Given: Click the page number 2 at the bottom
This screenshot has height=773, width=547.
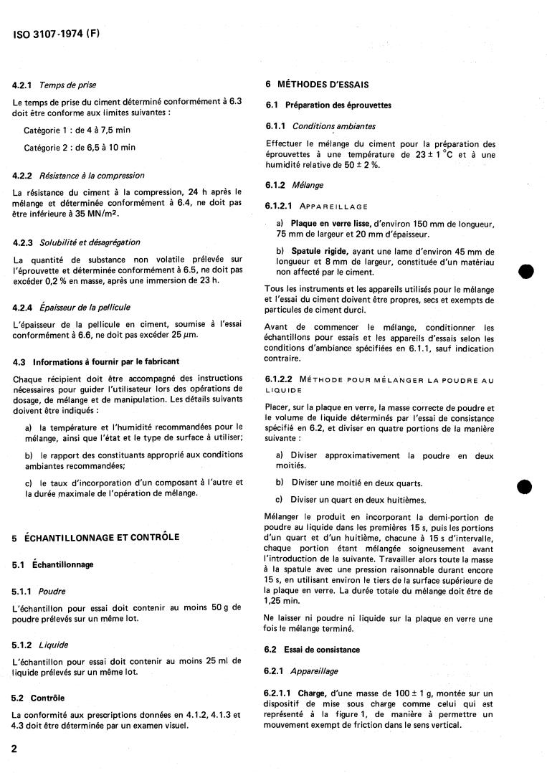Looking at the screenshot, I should pyautogui.click(x=15, y=748).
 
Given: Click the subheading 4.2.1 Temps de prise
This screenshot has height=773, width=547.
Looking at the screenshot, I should pyautogui.click(x=54, y=85).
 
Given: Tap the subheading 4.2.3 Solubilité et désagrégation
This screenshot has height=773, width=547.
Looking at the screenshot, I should pyautogui.click(x=76, y=242).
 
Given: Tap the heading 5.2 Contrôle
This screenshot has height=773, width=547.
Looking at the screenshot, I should pyautogui.click(x=39, y=697).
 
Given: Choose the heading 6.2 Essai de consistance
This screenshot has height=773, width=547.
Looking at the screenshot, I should pyautogui.click(x=312, y=649).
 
